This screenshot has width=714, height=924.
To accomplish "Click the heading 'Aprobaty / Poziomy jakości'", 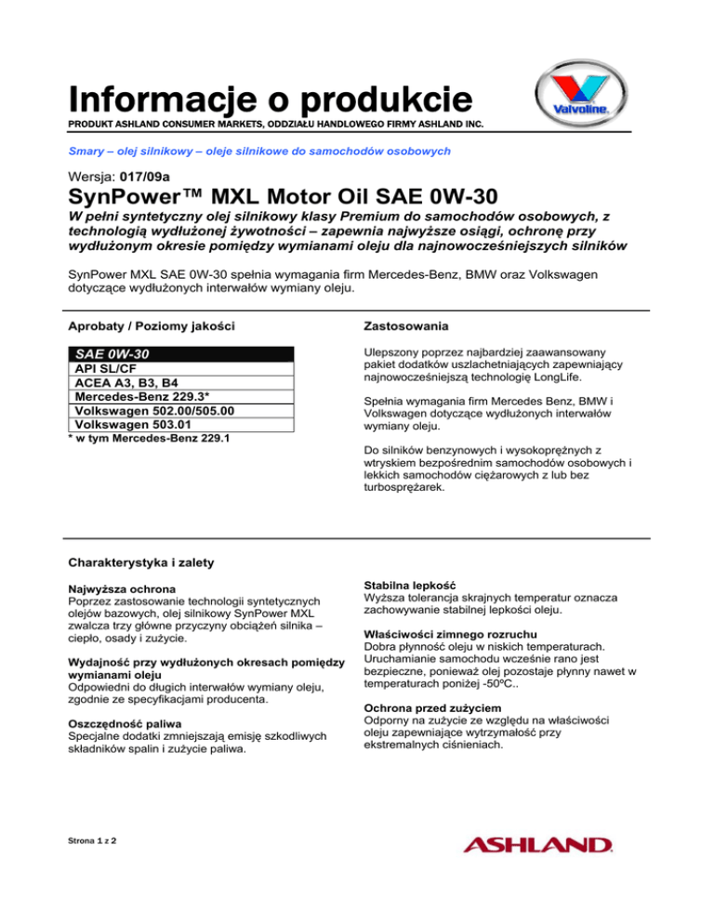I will tap(152, 326).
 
